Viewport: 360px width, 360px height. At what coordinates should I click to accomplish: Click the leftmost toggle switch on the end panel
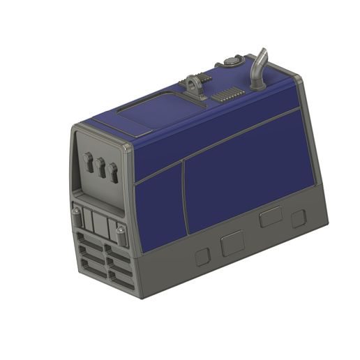click(89, 163)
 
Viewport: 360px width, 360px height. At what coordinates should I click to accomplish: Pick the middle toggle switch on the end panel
click(101, 167)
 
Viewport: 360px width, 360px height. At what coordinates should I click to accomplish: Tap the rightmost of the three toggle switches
click(113, 171)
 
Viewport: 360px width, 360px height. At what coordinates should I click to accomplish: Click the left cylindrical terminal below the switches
click(76, 213)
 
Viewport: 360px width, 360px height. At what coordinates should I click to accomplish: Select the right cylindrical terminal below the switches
click(121, 235)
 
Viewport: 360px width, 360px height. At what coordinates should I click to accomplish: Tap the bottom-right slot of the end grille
click(121, 280)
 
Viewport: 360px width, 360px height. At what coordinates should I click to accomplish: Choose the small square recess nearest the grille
click(202, 256)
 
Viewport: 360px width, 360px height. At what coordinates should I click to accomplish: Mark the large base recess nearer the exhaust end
click(270, 218)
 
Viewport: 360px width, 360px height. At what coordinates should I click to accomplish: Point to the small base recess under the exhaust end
click(299, 218)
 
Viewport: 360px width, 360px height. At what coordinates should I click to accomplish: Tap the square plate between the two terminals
click(98, 225)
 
